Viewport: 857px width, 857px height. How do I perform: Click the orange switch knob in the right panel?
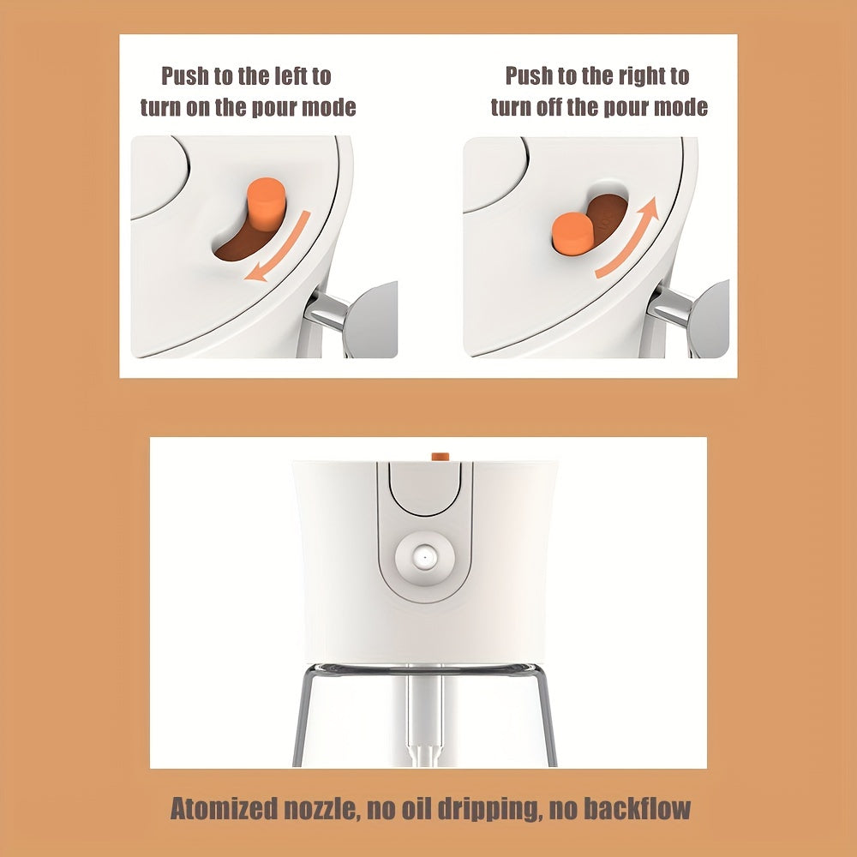572,233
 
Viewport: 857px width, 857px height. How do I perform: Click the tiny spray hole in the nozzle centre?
424,558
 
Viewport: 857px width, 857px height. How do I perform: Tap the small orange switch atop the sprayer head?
440,457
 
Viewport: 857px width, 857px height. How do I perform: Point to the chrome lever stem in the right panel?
669,308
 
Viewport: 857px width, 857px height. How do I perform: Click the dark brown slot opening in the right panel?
607,216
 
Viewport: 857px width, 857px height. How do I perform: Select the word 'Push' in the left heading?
184,76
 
